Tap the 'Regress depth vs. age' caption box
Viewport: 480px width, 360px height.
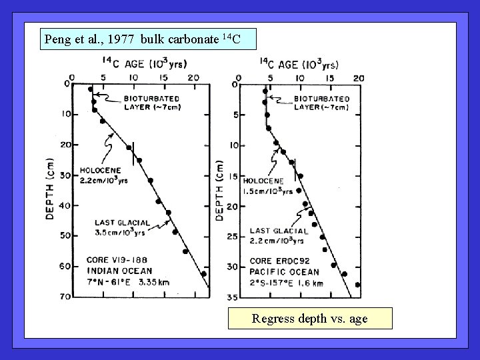[x=309, y=319]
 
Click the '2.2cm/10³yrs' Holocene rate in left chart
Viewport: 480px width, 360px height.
[x=105, y=180]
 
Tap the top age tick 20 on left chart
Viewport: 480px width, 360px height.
[x=193, y=78]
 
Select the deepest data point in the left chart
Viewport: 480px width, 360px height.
[x=204, y=273]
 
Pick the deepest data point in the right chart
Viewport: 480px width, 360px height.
[x=358, y=285]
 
